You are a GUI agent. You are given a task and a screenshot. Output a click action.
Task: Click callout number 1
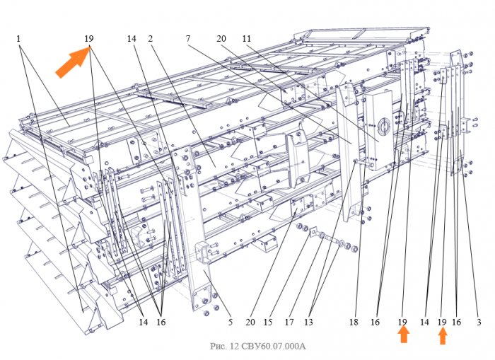point(18,38)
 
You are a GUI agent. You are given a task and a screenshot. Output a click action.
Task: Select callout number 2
point(150,38)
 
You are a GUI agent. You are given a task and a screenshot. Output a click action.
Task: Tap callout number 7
point(188,38)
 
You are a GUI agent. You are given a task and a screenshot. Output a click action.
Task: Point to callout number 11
point(247,38)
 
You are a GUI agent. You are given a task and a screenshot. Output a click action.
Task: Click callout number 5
point(231,322)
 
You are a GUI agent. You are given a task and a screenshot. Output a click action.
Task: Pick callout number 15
point(268,322)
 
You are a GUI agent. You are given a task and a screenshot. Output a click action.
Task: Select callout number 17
point(289,322)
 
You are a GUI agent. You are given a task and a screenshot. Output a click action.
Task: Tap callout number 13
point(308,322)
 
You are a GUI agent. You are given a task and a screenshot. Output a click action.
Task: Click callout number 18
point(354,322)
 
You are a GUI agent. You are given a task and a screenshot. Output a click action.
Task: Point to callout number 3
point(479,322)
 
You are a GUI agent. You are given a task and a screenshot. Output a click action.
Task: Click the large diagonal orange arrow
point(74,62)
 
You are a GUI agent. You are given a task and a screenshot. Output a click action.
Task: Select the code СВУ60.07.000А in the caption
point(274,346)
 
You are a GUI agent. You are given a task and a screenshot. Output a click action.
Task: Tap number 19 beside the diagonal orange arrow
point(89,38)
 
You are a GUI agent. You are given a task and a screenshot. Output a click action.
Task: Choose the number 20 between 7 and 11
point(221,38)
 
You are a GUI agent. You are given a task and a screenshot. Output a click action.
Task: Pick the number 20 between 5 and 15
point(250,322)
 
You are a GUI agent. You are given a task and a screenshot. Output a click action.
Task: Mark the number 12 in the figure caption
point(234,346)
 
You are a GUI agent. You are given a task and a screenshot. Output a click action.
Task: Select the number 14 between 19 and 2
point(132,38)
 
